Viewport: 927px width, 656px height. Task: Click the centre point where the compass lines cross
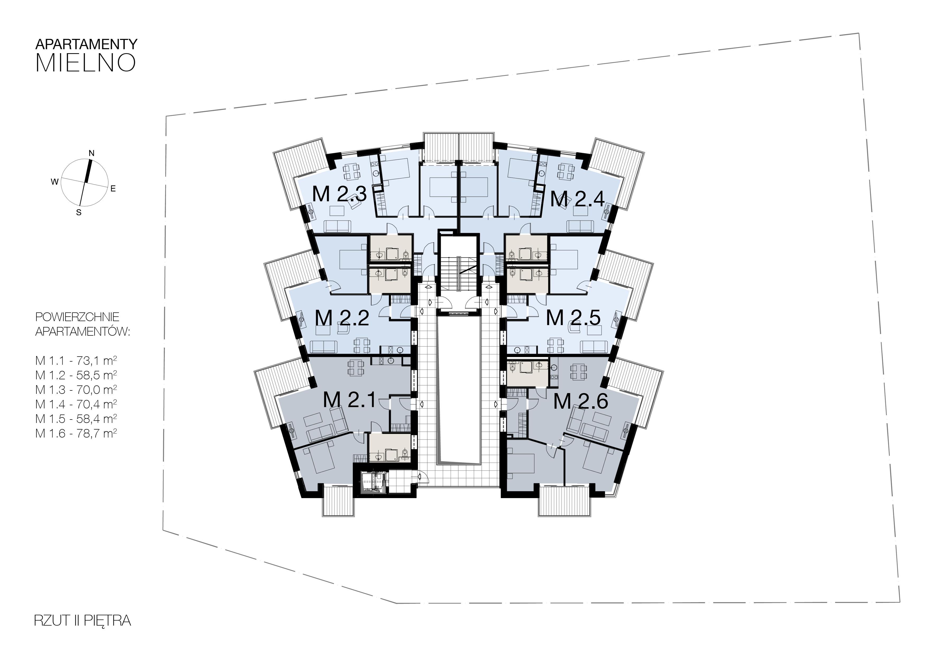[x=86, y=182]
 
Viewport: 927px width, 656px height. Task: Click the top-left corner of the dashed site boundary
[x=166, y=116]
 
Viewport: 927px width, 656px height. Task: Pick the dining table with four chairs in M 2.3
[x=352, y=172]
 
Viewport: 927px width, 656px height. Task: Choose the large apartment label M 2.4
[x=577, y=199]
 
